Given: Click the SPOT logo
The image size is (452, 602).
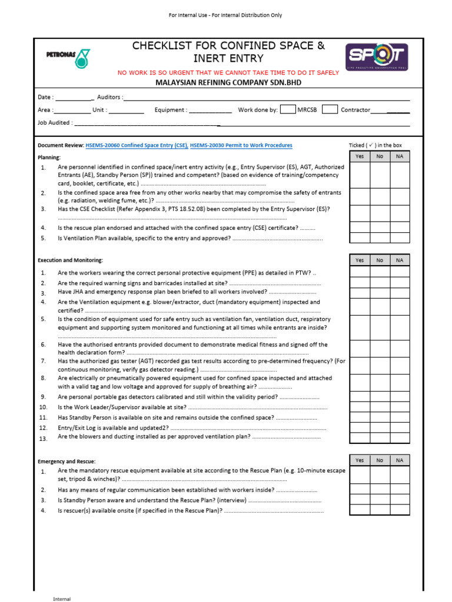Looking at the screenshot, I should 376,57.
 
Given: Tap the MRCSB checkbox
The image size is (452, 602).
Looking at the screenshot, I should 288,109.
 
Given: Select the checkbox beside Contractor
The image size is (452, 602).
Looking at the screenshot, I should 330,109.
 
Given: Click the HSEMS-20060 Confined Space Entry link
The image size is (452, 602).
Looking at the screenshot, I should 137,145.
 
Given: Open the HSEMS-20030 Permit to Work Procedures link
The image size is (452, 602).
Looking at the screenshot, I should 241,145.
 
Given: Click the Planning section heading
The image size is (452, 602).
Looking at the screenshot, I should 49,158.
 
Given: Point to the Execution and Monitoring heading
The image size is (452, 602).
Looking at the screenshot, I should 70,260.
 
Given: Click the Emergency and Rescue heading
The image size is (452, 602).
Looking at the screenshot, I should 67,461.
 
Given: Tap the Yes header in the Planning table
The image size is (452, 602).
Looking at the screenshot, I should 360,156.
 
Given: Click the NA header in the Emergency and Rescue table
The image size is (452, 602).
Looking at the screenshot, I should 400,460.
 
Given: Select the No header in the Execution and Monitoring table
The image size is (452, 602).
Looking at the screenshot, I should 380,260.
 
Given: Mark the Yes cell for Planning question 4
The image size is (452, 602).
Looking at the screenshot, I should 360,228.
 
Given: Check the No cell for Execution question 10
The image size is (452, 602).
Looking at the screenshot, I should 380,407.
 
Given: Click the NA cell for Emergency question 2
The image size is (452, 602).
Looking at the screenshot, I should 400,490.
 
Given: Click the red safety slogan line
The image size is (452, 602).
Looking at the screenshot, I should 228,73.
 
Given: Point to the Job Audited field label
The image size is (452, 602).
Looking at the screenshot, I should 55,123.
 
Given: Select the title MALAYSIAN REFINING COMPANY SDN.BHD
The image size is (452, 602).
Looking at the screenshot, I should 228,83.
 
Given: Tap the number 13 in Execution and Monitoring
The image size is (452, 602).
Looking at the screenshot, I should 42,439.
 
